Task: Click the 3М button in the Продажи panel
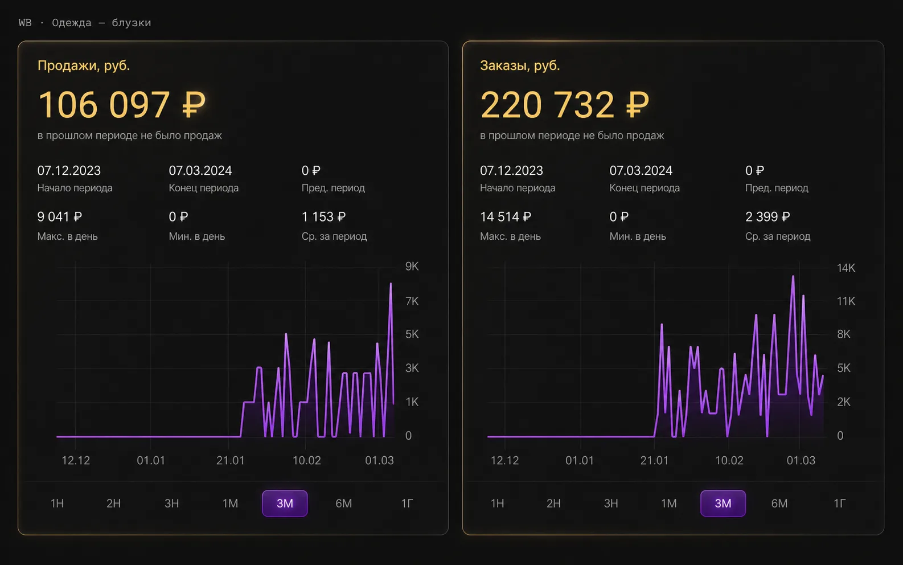[x=285, y=503]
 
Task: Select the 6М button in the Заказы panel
[x=779, y=503]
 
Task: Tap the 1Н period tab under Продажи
[x=57, y=503]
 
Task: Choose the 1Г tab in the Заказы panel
[x=839, y=503]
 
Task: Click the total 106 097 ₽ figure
[x=121, y=104]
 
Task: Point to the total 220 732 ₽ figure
[x=564, y=104]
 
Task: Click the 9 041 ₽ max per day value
[x=60, y=216]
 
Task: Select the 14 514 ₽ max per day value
[x=506, y=216]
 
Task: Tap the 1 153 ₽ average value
[x=324, y=216]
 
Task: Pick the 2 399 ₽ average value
[x=767, y=216]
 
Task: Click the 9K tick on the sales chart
[x=412, y=266]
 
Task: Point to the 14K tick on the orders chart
[x=845, y=268]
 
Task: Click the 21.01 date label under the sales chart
[x=230, y=460]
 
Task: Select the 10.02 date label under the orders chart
[x=729, y=460]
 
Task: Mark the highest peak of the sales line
[x=391, y=284]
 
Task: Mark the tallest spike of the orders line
[x=793, y=276]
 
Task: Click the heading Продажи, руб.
[x=84, y=65]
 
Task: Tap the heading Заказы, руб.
[x=520, y=65]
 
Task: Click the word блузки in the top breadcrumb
[x=132, y=23]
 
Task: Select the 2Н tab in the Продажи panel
[x=113, y=503]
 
